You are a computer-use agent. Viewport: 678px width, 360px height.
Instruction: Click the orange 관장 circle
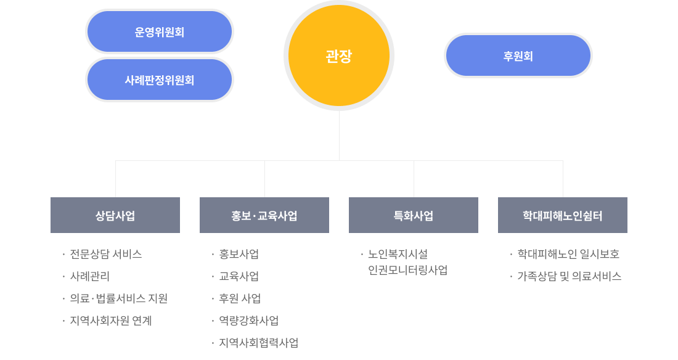[339, 56]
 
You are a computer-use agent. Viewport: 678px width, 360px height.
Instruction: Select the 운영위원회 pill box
[160, 31]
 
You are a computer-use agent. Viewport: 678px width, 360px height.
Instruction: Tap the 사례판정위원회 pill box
[160, 80]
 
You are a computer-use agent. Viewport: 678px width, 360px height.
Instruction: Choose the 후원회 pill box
[518, 55]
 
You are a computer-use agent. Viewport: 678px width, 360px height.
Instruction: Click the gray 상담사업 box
[115, 215]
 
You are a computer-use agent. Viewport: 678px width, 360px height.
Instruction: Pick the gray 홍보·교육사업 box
[264, 215]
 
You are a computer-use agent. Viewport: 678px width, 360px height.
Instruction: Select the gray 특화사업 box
[414, 215]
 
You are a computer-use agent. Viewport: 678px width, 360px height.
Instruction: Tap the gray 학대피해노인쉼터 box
[563, 215]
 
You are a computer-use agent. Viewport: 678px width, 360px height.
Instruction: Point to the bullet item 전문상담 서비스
[106, 254]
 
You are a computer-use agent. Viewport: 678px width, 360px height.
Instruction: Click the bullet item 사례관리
[90, 276]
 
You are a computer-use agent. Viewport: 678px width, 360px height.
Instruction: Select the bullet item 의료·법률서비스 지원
[119, 298]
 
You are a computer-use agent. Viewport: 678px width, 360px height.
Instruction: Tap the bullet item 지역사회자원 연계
[111, 321]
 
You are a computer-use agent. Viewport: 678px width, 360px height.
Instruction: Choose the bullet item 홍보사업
[239, 254]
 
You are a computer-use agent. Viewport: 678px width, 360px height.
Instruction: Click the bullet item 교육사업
[239, 276]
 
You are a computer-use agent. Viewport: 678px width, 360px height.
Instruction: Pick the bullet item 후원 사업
[240, 298]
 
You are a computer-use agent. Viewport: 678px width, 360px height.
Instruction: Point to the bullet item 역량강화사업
[249, 321]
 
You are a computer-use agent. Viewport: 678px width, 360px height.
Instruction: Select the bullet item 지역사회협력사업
[259, 343]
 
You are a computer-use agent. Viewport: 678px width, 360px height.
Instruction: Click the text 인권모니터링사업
[407, 270]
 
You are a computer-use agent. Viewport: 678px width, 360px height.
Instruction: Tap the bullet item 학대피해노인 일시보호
[568, 254]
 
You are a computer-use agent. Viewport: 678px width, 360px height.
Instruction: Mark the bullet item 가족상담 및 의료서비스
[570, 276]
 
